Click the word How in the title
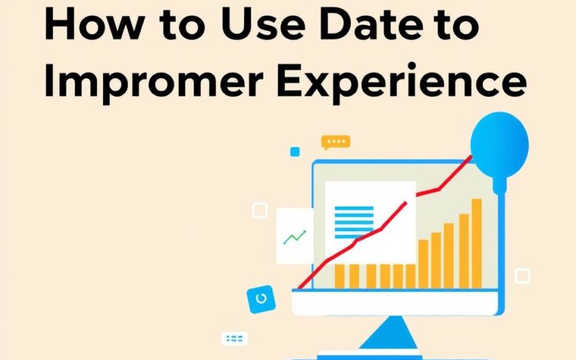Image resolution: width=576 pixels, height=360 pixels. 94,24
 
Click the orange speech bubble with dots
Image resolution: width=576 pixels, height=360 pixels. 336,142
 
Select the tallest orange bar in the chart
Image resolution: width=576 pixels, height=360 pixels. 477,243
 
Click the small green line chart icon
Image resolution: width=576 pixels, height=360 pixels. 295,237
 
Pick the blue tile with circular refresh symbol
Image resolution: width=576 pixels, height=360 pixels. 261,299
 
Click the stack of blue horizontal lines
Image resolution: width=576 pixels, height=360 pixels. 354,223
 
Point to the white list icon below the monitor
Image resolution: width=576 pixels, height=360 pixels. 235,338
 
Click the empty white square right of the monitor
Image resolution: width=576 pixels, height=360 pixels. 522,276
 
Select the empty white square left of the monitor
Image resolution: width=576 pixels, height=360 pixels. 260,211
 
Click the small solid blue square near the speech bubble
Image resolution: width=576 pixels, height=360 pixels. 295,152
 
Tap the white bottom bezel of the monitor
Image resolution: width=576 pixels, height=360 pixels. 395,302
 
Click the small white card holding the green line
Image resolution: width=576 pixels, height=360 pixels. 295,236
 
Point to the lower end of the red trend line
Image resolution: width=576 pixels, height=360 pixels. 299,288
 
